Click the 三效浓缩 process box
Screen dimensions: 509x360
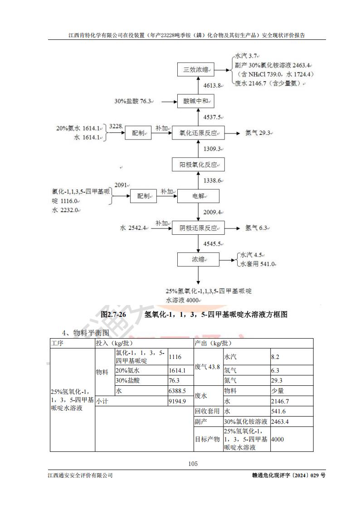196,70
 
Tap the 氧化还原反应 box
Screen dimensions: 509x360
196,133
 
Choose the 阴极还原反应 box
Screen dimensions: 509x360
196,228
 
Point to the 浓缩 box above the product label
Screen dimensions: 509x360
198,260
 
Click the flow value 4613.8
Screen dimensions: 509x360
213,85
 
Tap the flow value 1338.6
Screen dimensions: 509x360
213,180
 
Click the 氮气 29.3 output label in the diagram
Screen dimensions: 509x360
258,133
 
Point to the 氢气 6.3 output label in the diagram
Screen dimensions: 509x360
257,228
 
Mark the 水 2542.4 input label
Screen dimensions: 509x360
133,228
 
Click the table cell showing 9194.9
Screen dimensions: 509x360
177,401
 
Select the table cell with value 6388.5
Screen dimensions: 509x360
177,390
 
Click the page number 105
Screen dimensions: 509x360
193,463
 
